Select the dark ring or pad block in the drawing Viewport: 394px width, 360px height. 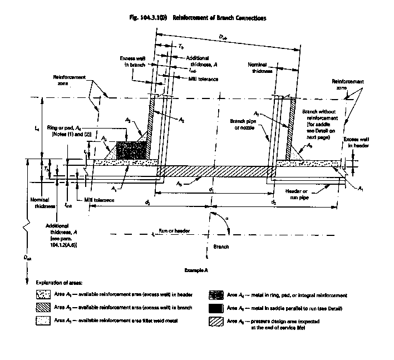point(131,150)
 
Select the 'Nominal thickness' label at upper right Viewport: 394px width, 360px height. point(258,68)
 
